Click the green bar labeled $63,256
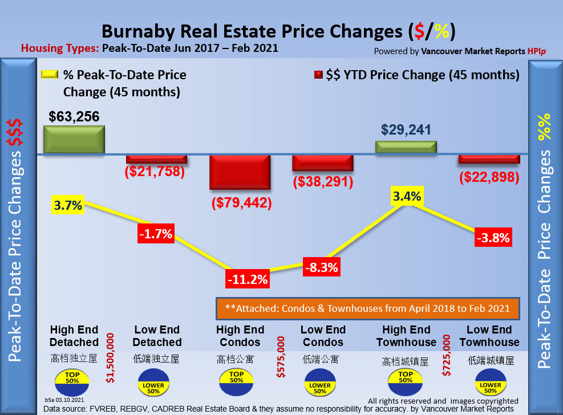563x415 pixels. [74, 139]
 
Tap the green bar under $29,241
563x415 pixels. [406, 147]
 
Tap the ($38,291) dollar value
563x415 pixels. [323, 182]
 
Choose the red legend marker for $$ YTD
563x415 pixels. [318, 75]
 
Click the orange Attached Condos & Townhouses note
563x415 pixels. [367, 308]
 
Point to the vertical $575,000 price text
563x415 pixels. [280, 357]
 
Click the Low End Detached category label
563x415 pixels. [157, 336]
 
